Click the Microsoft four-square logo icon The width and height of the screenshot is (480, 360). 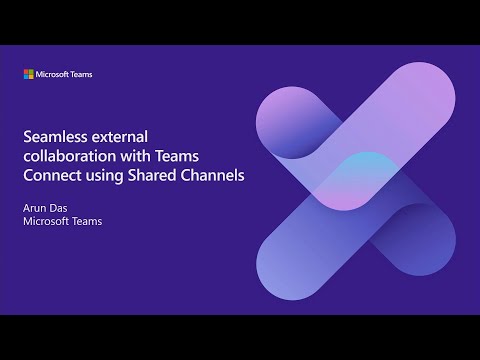(x=30, y=74)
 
